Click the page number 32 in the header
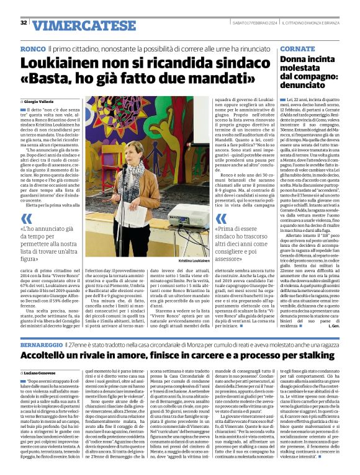click(x=24, y=23)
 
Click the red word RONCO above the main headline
click(x=32, y=48)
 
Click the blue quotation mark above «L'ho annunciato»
click(x=27, y=218)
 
